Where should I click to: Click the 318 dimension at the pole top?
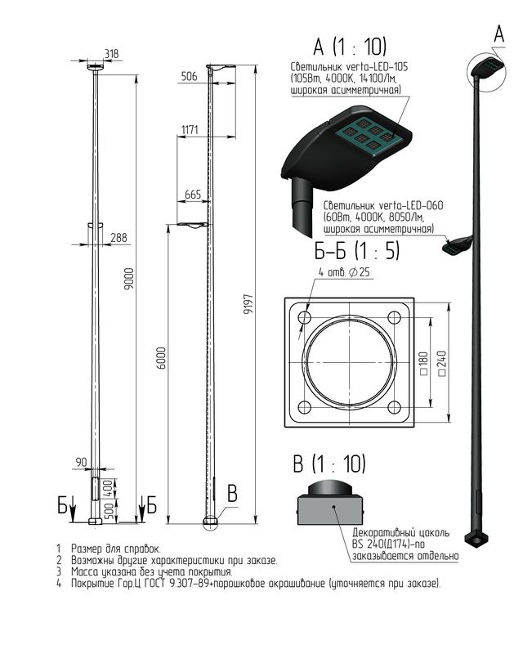coord(111,53)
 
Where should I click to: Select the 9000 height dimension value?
coord(130,279)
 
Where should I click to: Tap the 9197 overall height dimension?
coord(248,304)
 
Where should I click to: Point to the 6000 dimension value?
coord(162,357)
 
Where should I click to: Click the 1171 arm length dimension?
coord(190,130)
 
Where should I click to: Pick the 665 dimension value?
coord(193,195)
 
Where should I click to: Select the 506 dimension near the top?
coord(190,76)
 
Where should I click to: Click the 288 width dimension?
coord(118,237)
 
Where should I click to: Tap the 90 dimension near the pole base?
coord(82,462)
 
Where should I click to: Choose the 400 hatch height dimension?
coord(109,487)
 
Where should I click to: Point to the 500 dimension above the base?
coord(109,511)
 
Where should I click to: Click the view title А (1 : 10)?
coord(350,46)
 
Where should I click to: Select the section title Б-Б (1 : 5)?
coord(357,251)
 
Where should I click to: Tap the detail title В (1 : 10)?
coord(329,464)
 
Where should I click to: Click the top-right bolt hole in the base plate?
coord(394,318)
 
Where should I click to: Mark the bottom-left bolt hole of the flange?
coord(305,407)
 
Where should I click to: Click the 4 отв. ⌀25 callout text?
coord(344,272)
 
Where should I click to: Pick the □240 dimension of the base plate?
coord(441,364)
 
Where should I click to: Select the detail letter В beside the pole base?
coord(232,494)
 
